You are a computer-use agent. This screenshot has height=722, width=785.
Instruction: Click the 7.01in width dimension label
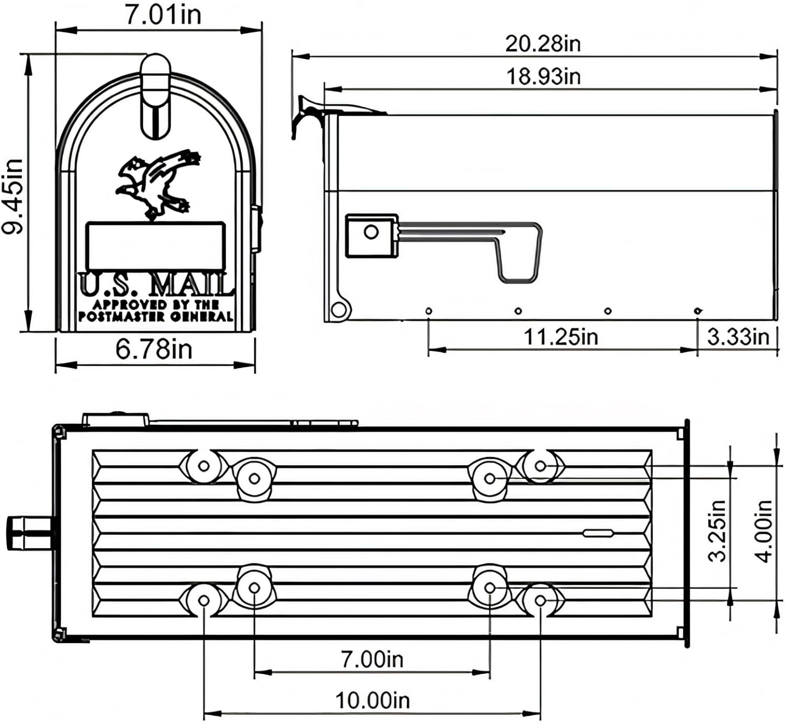[x=163, y=15]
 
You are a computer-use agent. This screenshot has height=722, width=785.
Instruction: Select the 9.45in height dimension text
[x=13, y=196]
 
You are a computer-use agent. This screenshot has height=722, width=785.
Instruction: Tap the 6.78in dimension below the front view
[x=154, y=349]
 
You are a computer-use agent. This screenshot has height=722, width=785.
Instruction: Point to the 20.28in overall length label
[x=543, y=43]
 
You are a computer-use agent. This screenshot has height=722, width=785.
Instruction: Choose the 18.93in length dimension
[x=543, y=76]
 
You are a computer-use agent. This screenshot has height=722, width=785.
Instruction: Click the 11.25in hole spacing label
[x=560, y=336]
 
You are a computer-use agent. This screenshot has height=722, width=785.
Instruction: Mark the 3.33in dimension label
[x=738, y=336]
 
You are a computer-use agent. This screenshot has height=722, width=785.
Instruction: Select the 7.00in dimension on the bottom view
[x=372, y=659]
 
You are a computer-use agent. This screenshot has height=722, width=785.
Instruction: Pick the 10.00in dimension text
[x=372, y=700]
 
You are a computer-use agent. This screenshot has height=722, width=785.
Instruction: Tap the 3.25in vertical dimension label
[x=717, y=531]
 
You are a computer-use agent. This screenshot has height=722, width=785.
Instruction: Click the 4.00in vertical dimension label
[x=765, y=531]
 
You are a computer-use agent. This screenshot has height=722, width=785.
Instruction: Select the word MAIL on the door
[x=190, y=285]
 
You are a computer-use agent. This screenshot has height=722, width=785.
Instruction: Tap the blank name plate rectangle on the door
[x=155, y=245]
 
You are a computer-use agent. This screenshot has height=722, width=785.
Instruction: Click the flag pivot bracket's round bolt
[x=371, y=232]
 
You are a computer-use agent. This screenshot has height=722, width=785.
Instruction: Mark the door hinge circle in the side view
[x=339, y=309]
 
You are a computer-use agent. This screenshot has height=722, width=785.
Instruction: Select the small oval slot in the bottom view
[x=598, y=533]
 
